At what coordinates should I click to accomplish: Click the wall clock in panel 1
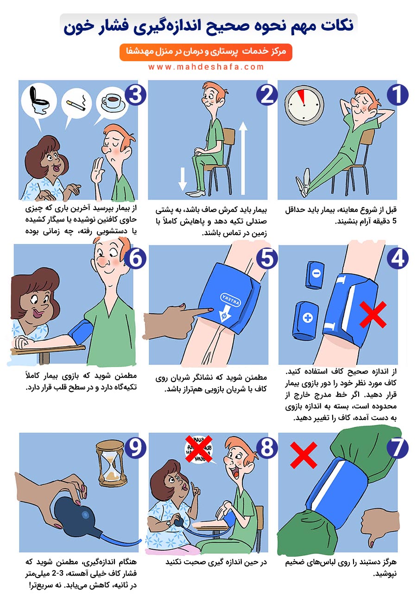click(x=304, y=105)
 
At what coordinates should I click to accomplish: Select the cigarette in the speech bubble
click(x=76, y=106)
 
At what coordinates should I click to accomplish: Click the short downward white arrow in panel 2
click(x=183, y=178)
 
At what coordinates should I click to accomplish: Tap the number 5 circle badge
click(x=267, y=259)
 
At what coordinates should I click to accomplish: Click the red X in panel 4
click(x=373, y=314)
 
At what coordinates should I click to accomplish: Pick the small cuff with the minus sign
click(x=315, y=275)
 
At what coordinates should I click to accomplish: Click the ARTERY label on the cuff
click(x=230, y=300)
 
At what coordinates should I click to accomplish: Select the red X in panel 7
click(x=303, y=455)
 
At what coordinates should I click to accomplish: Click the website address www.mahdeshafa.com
click(x=206, y=67)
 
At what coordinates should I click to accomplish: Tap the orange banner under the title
click(x=206, y=52)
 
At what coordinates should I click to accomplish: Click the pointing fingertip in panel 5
click(x=210, y=310)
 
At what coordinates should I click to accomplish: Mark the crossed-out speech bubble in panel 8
click(x=199, y=449)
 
